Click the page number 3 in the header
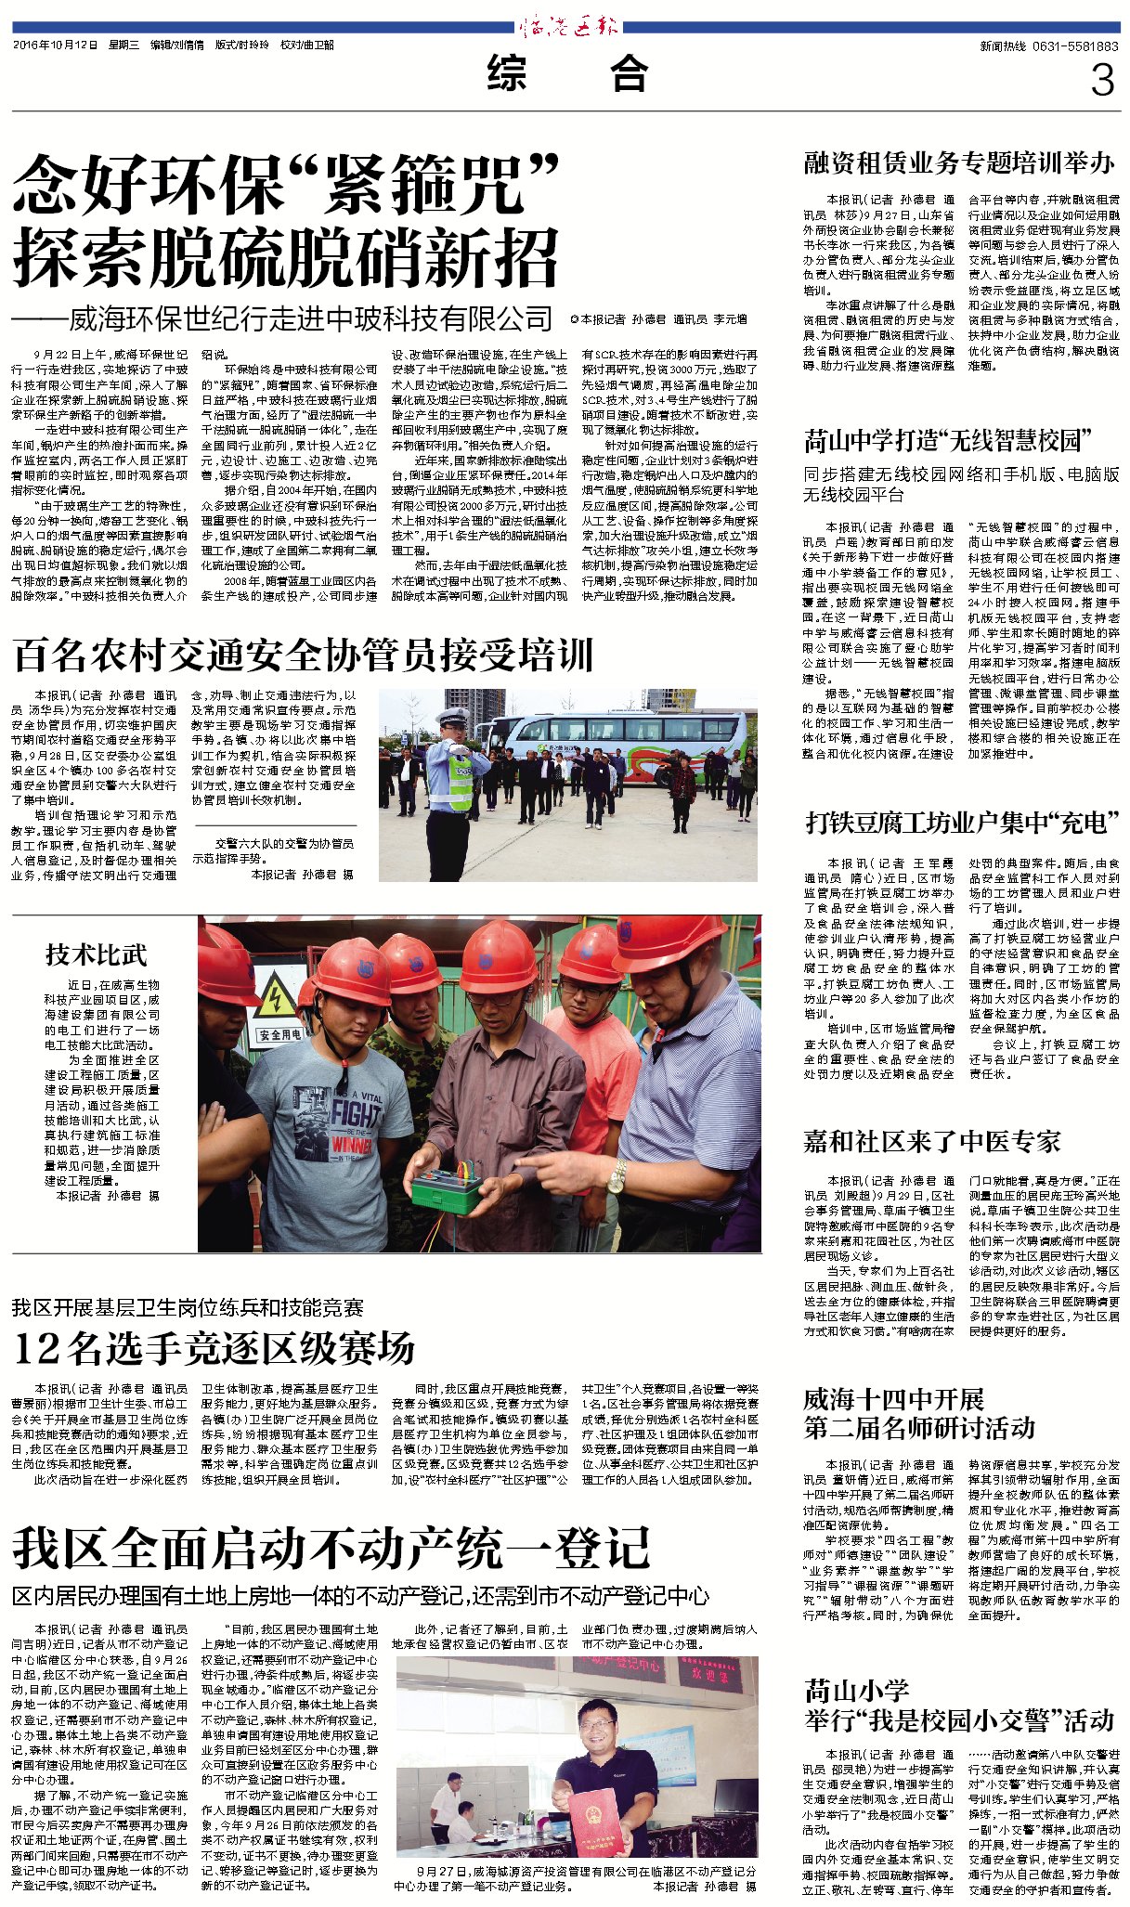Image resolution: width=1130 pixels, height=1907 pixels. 1101,81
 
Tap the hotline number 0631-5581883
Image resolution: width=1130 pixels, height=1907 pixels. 1075,45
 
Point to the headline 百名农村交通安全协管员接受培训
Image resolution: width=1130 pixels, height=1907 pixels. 304,655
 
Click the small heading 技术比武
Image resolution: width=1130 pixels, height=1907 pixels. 97,954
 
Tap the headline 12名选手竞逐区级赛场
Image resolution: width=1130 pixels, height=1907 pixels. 214,1347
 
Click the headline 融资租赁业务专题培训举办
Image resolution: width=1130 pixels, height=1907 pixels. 959,163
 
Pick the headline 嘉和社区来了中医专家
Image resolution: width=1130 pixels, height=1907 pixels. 931,1141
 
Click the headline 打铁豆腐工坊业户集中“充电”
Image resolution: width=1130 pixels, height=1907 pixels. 962,822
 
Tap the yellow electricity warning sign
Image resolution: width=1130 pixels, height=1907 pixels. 276,999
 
